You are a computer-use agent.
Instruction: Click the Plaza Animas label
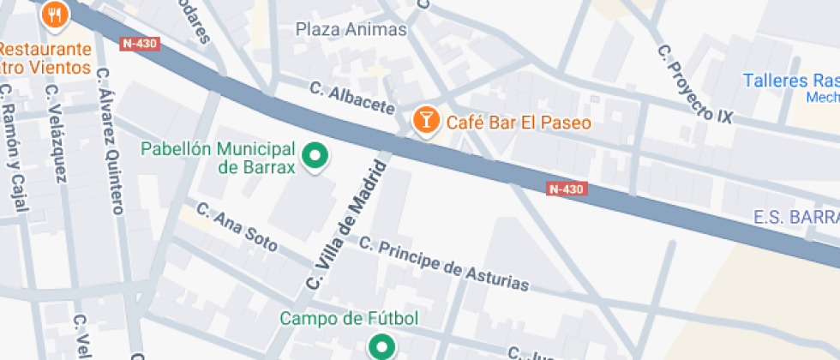point(351,29)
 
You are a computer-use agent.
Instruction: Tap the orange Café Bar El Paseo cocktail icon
point(424,120)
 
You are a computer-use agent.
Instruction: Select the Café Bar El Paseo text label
point(518,123)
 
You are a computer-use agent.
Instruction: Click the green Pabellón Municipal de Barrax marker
point(317,156)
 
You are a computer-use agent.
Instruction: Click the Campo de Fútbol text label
point(349,319)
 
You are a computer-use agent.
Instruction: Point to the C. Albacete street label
point(352,97)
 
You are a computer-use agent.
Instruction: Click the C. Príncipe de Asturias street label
point(443,263)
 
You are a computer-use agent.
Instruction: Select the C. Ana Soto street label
point(237,226)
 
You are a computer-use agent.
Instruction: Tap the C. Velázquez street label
point(57,132)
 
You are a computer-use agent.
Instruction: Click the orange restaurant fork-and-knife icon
point(56,13)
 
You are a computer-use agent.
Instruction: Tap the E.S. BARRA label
point(796,218)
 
